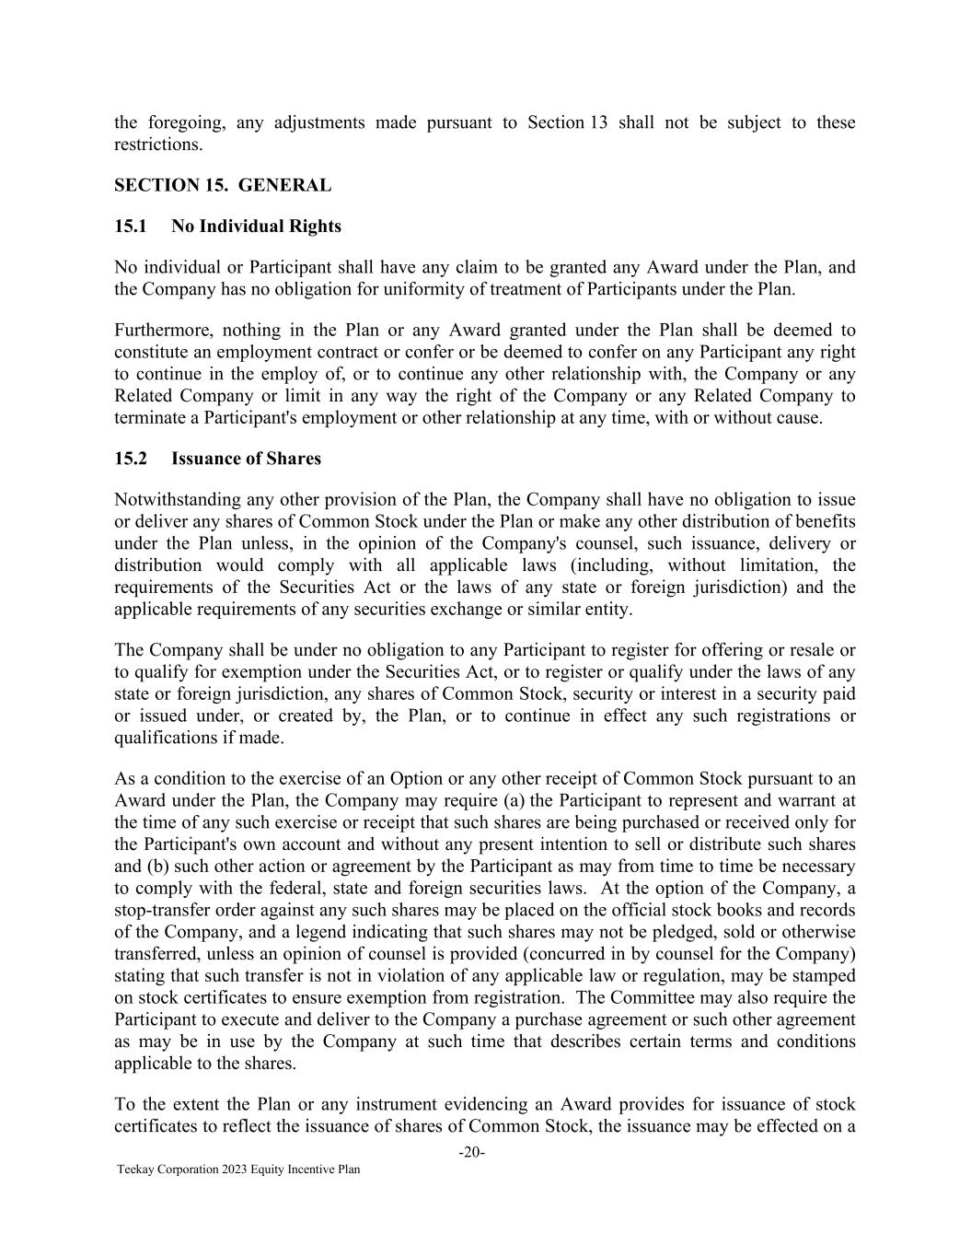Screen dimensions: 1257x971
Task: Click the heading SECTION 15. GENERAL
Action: coord(222,185)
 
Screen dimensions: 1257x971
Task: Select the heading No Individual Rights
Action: coord(256,227)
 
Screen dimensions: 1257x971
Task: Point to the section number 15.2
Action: coord(130,459)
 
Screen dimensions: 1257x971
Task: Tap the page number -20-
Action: coord(472,1152)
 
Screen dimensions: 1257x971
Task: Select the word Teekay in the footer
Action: coord(133,1170)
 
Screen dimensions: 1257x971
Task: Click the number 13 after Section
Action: coord(599,122)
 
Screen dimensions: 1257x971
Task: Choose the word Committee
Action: coord(658,998)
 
